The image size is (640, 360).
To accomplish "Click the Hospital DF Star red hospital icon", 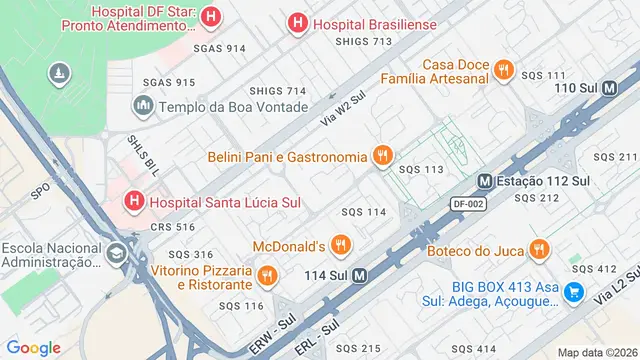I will click(211, 16).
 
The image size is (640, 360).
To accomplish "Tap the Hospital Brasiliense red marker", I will click(297, 24).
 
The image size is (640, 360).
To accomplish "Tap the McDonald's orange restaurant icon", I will click(341, 245).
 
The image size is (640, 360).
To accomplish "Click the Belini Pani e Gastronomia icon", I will click(381, 156).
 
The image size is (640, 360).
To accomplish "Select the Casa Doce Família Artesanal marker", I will click(505, 70).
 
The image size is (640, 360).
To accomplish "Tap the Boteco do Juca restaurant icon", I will click(539, 249).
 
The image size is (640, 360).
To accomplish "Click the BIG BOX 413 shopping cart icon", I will click(574, 292).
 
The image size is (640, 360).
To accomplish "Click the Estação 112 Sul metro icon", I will click(485, 182).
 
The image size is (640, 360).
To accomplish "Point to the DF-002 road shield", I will click(468, 203).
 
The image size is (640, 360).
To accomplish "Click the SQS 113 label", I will click(421, 170).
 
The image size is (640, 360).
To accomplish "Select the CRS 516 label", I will click(172, 227).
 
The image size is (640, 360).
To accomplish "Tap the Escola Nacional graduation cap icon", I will click(118, 254).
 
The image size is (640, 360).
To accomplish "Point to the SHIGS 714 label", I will click(277, 91).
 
